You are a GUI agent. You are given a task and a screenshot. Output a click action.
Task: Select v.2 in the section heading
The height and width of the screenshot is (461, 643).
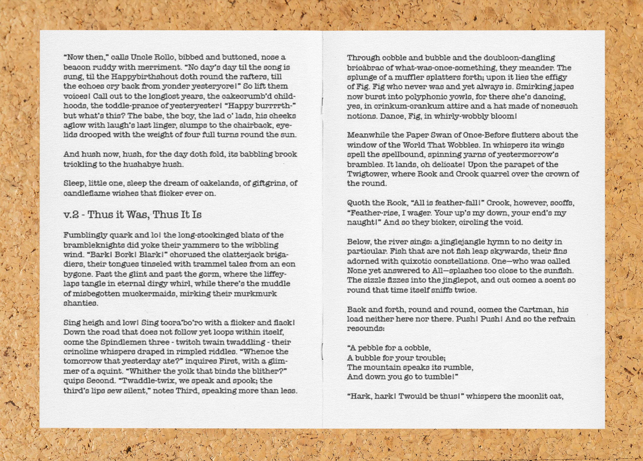point(71,215)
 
